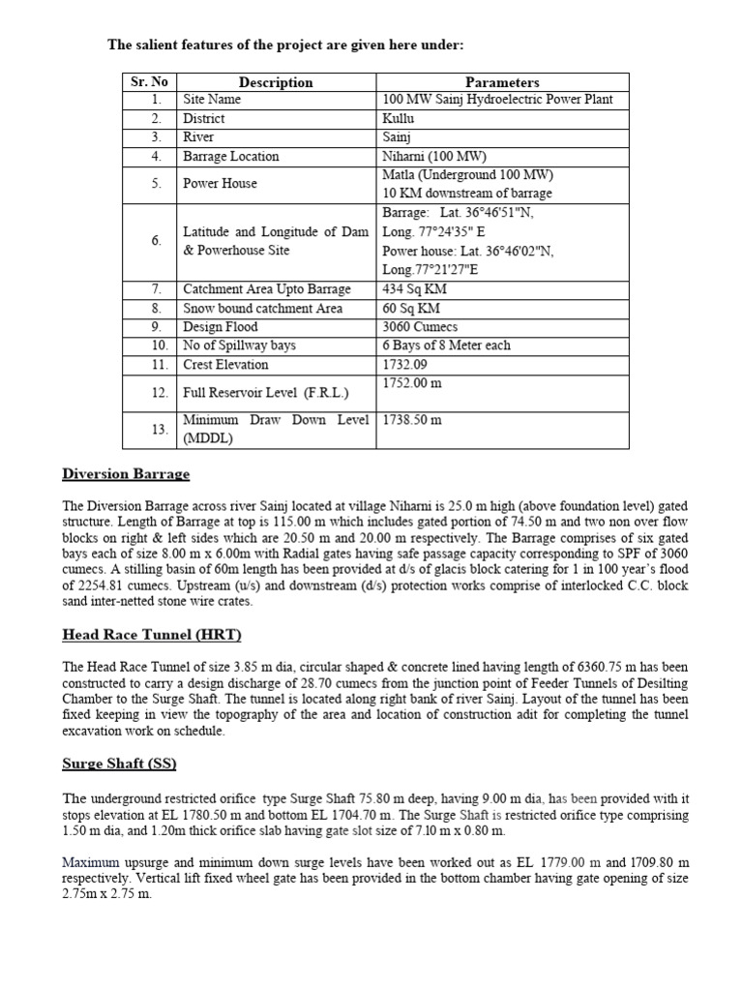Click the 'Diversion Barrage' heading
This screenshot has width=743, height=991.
126,474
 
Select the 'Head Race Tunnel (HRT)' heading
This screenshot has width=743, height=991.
152,635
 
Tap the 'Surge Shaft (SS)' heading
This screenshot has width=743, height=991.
120,764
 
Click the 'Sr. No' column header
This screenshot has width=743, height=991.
149,82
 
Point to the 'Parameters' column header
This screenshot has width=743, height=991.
501,82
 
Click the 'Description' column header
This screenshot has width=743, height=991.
276,82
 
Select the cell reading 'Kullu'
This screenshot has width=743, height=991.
399,119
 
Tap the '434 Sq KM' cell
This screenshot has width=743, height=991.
415,289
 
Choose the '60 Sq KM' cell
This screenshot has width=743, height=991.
411,309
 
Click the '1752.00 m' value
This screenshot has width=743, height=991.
412,384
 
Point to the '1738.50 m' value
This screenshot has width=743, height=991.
412,421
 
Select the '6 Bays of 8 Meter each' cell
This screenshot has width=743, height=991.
447,345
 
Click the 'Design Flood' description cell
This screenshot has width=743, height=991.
221,327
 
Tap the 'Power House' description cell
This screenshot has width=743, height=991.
221,184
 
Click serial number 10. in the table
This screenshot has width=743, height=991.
159,345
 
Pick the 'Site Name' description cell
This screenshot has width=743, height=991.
212,100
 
